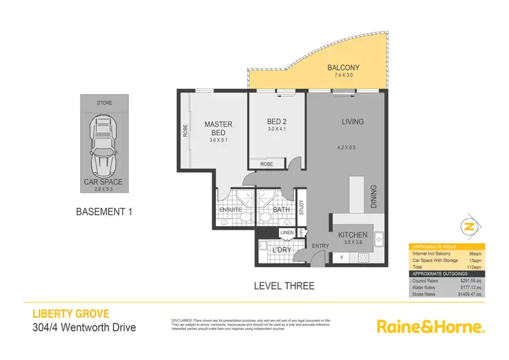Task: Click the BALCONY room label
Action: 343,68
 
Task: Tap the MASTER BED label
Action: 219,128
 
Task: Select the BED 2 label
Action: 278,122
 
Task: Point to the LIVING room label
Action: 353,122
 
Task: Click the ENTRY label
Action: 320,245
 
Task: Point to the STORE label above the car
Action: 105,103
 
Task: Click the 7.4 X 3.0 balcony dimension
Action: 343,76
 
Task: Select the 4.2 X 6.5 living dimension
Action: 352,147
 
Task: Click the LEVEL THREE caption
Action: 284,286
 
